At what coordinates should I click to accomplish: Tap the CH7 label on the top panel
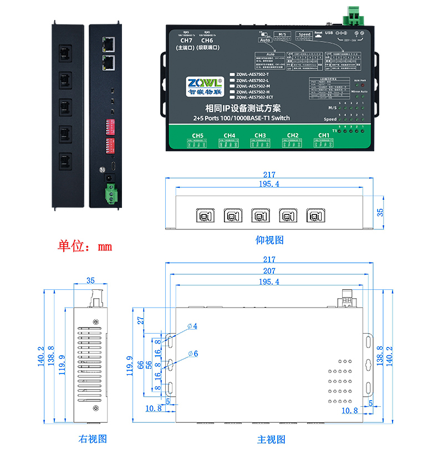coord(186,40)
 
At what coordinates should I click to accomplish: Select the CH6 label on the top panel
coord(207,40)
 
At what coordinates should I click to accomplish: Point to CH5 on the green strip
coord(198,135)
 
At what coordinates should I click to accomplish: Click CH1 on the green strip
coord(324,135)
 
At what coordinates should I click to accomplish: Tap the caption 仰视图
coord(270,240)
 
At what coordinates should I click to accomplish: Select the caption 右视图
coord(93,439)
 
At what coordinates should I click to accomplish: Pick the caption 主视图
coord(271,439)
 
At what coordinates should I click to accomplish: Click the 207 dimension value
coord(269,271)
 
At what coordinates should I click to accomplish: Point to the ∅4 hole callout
coord(193,326)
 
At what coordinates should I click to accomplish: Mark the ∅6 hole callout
coord(193,353)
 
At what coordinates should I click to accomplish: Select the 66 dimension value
coord(141,364)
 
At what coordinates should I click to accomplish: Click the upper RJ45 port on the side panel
coord(109,42)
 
